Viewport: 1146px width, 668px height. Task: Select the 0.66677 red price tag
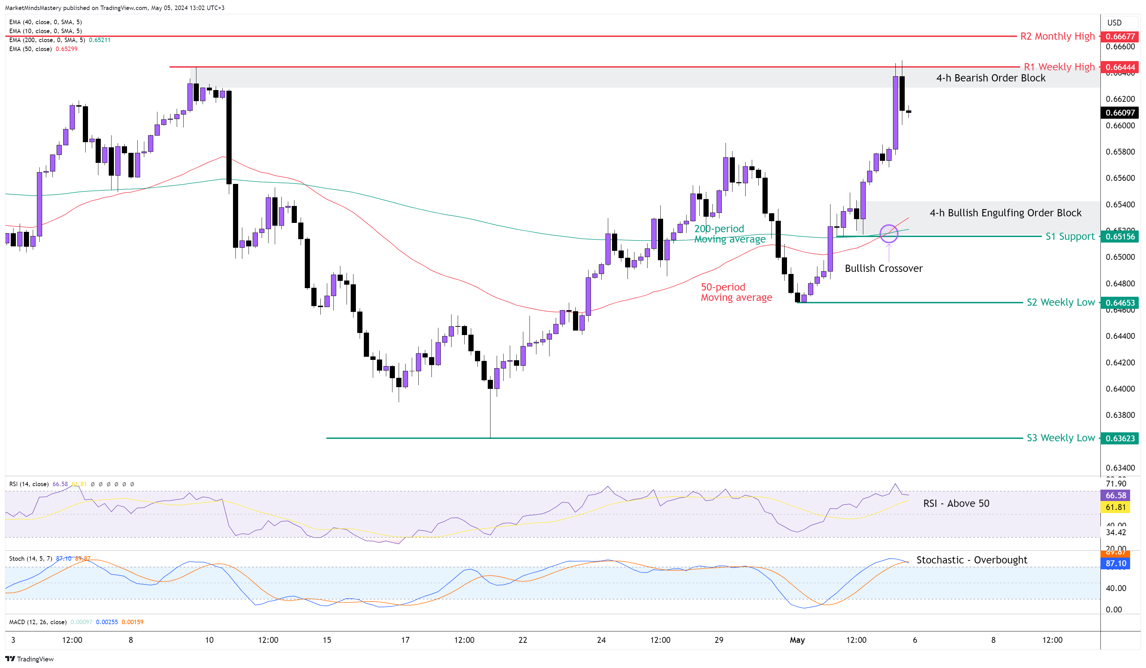click(1120, 36)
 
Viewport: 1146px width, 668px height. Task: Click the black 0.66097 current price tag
click(1120, 112)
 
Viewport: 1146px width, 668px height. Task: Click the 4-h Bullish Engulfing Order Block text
click(1005, 213)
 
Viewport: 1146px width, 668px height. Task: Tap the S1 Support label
click(1070, 236)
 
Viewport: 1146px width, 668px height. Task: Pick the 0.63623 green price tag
click(1120, 438)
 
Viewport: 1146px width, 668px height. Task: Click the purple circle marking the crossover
click(888, 234)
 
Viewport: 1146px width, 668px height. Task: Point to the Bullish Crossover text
click(883, 268)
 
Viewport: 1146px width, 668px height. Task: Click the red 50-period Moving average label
click(736, 292)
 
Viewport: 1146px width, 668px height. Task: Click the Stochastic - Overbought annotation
click(971, 560)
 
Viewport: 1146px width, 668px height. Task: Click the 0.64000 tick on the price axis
click(1120, 389)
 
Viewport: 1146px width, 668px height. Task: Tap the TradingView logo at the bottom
click(30, 659)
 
